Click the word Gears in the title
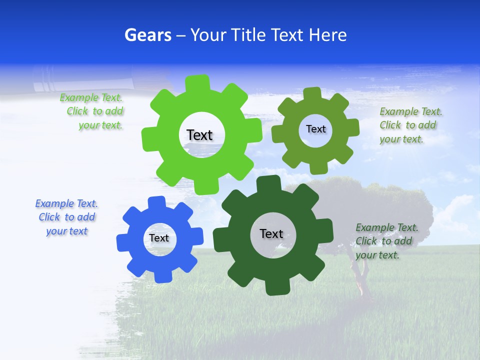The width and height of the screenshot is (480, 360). (147, 35)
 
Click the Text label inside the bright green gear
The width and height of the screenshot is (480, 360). (199, 135)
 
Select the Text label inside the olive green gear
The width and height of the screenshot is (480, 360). (315, 129)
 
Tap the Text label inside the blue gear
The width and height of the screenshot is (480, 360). (159, 238)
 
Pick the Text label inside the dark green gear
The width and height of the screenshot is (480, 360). (271, 233)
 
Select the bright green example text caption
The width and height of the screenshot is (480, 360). (93, 111)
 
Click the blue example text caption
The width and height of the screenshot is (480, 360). (66, 217)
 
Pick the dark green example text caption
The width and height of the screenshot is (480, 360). (385, 241)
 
